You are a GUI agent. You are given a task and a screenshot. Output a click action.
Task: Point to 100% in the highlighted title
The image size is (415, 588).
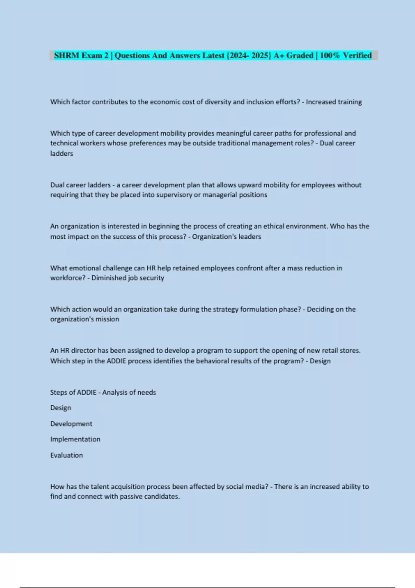[x=330, y=55]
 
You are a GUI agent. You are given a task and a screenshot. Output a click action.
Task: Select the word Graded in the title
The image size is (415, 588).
[x=299, y=55]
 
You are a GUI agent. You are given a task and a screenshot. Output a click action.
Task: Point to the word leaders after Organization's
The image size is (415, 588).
[x=250, y=237]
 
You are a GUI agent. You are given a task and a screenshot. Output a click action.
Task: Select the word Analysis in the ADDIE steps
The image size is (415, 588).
[x=115, y=393]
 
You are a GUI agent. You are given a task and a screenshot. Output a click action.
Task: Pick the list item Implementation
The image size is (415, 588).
[x=75, y=439]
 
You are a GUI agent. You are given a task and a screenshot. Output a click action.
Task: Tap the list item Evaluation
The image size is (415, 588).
[x=66, y=455]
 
